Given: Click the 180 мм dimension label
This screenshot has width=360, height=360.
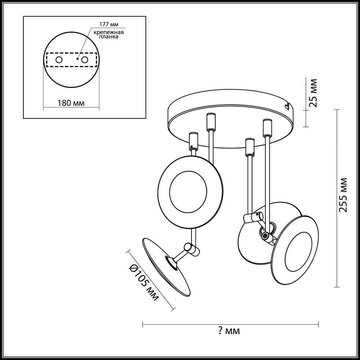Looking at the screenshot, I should (71, 103).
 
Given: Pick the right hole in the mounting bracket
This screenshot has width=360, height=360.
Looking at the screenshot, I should (85, 59).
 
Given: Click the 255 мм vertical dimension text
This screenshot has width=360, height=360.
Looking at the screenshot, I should (344, 194).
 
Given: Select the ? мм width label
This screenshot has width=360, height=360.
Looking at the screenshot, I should (229, 331).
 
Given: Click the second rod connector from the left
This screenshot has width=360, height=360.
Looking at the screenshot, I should (210, 121).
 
